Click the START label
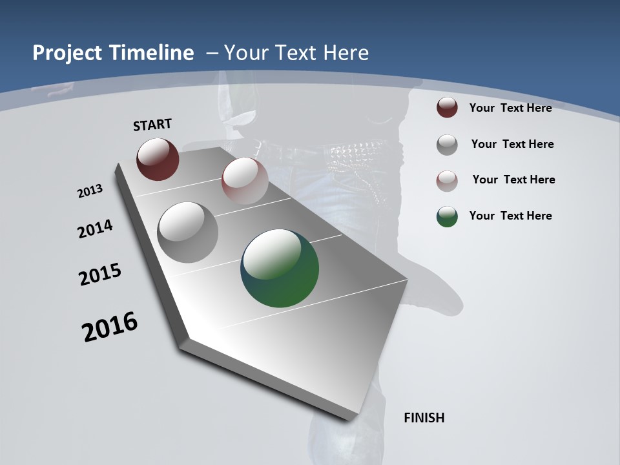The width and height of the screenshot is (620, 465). (x=152, y=125)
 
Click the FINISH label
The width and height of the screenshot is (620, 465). (x=424, y=418)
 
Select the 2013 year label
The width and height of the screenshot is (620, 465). (x=90, y=191)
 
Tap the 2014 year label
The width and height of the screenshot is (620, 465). (x=95, y=229)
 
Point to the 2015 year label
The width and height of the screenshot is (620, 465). (x=100, y=274)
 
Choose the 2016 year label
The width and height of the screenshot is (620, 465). (x=110, y=327)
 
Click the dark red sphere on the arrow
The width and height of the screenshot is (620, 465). (x=158, y=159)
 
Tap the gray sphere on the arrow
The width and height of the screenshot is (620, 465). (x=188, y=232)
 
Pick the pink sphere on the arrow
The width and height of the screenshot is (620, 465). (x=245, y=181)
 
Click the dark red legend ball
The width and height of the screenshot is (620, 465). (x=447, y=107)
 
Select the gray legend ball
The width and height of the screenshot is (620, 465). (x=447, y=145)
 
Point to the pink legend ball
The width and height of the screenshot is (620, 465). (x=447, y=181)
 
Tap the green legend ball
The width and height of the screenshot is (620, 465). (x=447, y=216)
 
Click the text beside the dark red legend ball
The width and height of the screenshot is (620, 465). (x=510, y=108)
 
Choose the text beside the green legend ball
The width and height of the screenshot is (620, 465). (x=510, y=216)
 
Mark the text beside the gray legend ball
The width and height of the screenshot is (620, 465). (x=512, y=144)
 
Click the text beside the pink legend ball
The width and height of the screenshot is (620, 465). (x=513, y=180)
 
